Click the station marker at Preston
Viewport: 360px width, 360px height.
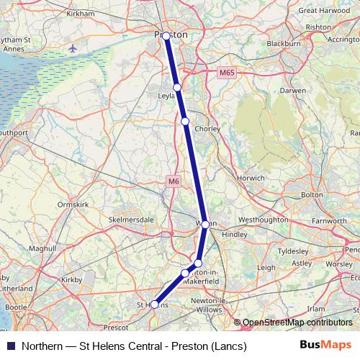click(x=166, y=35)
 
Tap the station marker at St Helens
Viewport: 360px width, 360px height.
click(x=154, y=305)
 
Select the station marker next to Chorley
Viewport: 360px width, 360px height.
click(x=185, y=122)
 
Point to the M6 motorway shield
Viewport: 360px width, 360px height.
click(x=174, y=181)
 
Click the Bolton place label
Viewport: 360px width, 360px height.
click(x=312, y=194)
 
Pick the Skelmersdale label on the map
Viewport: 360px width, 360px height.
click(x=130, y=217)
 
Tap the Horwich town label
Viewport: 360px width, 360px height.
click(x=271, y=177)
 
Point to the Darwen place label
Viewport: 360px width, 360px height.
click(x=289, y=92)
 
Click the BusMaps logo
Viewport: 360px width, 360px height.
click(x=325, y=346)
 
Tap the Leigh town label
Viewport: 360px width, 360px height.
click(x=266, y=267)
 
